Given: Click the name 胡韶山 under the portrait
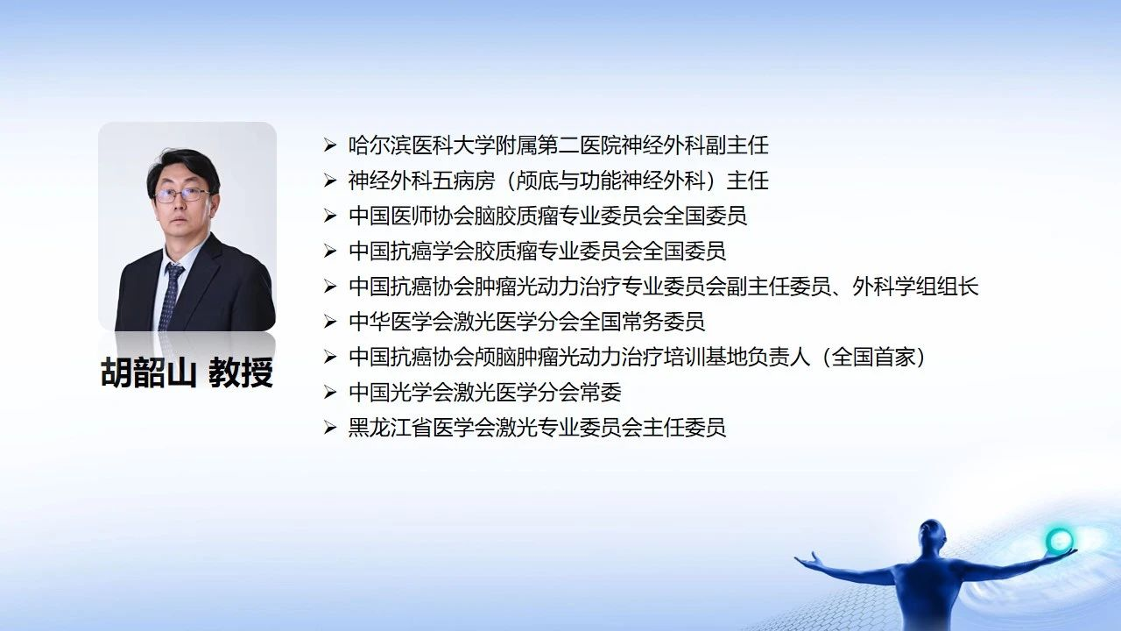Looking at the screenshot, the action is [148, 372].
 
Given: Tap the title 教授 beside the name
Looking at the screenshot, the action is [241, 372].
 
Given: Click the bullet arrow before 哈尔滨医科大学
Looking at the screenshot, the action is [330, 145].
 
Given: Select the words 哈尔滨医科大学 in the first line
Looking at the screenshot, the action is [421, 145].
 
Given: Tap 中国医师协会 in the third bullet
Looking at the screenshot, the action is [411, 216].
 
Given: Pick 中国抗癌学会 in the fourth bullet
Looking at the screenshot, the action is [411, 251].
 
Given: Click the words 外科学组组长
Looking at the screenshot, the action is [915, 287].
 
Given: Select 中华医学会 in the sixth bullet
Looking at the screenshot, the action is [400, 322].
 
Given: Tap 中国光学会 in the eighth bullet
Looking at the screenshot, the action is [400, 392].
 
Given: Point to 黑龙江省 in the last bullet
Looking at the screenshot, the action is [390, 428].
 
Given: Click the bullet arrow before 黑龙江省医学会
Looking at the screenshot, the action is [330, 428].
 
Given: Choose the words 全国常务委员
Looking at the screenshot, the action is [642, 322].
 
